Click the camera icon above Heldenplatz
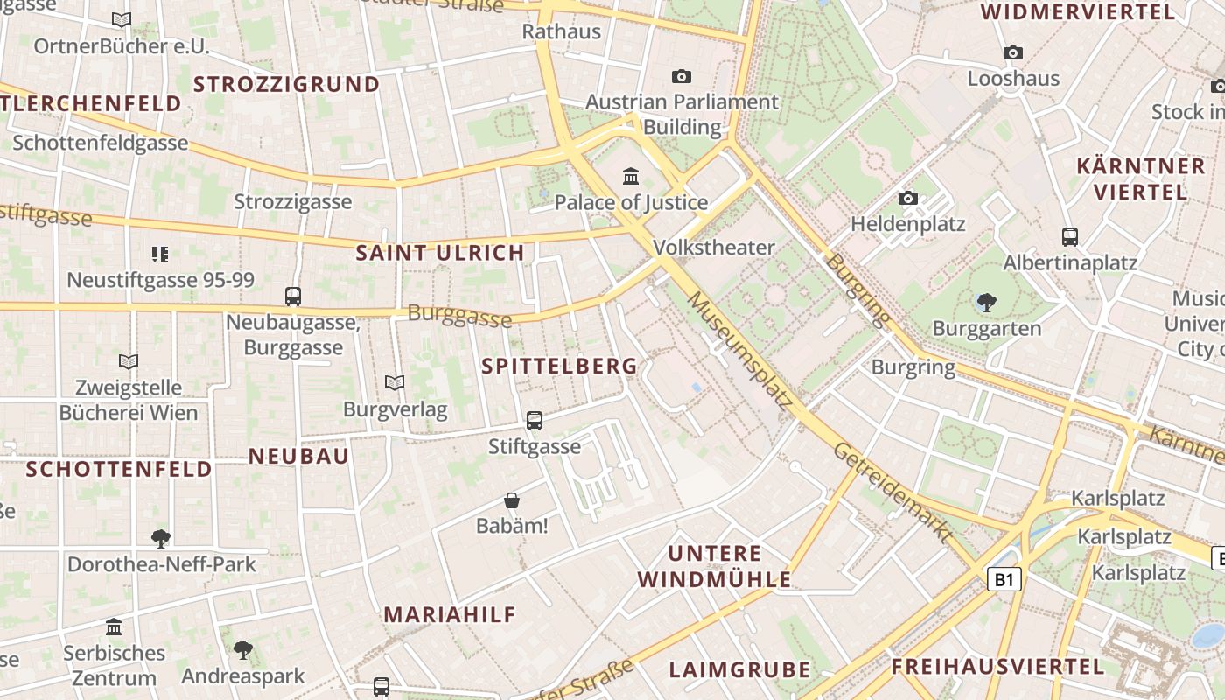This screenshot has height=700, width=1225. click(x=908, y=199)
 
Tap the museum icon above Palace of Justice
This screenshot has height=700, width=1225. click(x=631, y=177)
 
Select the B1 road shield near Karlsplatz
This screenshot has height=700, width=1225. click(x=1004, y=579)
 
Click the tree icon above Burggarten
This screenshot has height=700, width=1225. click(x=986, y=303)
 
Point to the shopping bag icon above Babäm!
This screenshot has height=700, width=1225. click(x=512, y=500)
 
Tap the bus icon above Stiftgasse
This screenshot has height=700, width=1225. click(x=535, y=421)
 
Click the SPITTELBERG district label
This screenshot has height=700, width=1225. click(x=559, y=367)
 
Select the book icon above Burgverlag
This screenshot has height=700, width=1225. click(x=395, y=383)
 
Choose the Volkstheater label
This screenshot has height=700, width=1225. click(x=714, y=248)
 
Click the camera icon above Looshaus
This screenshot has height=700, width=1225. click(x=1013, y=52)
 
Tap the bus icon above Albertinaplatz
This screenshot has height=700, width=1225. click(x=1069, y=236)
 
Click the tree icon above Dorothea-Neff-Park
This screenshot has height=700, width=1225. click(x=160, y=538)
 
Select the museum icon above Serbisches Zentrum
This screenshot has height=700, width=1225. click(x=114, y=627)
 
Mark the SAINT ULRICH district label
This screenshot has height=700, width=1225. click(x=440, y=254)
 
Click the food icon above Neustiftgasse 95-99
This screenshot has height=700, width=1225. click(x=159, y=255)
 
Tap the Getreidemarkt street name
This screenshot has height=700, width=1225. click(x=892, y=492)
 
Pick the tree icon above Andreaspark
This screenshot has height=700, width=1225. click(x=242, y=650)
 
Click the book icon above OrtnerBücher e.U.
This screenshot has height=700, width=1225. click(x=122, y=20)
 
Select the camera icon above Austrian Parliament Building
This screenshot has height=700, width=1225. click(x=682, y=77)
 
